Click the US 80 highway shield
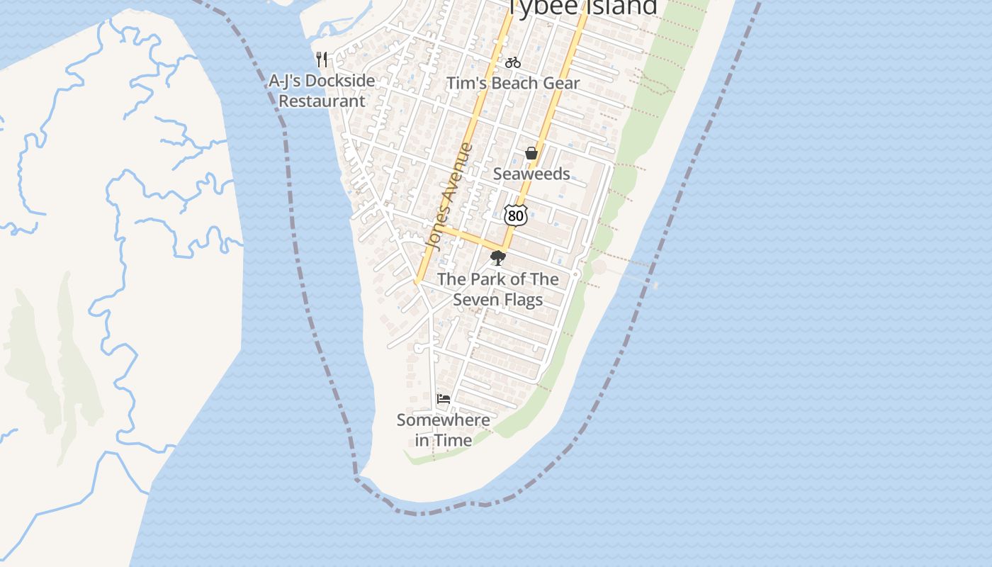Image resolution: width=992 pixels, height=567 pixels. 516,215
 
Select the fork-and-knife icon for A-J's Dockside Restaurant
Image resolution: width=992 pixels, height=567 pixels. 322,59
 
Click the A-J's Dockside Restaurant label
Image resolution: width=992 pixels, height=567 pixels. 322,91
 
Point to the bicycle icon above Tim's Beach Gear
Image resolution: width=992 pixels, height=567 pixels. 513,62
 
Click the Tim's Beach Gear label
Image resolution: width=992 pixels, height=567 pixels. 513,83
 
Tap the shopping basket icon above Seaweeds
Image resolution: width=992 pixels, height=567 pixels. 531,153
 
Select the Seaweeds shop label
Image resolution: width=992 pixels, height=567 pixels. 531,174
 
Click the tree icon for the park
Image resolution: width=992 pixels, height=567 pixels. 498,258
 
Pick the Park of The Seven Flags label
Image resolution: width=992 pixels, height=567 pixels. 498,289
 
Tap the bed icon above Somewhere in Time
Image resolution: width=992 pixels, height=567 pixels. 444,399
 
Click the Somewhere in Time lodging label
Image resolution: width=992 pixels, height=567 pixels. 444,430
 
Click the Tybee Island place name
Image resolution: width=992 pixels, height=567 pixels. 582,7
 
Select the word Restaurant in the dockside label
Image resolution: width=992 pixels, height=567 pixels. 322,101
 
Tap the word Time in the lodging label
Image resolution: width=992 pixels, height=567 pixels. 453,440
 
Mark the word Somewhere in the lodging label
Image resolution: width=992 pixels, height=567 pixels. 444,420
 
